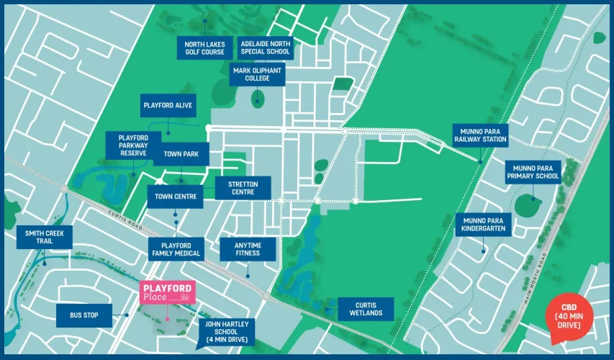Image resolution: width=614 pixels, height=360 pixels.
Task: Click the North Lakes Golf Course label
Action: [x=204, y=48]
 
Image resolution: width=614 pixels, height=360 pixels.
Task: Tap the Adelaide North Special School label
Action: [x=266, y=48]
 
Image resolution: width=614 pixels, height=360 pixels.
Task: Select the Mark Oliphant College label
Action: [x=257, y=74]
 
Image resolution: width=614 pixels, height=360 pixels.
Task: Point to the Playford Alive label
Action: [x=167, y=105]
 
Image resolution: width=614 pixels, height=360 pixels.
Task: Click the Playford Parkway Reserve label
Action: [x=133, y=145]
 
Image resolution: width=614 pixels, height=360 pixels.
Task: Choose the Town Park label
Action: [x=181, y=154]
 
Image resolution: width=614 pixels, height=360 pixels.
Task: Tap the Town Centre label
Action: [x=175, y=196]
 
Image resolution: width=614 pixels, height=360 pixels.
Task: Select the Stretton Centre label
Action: [x=243, y=188]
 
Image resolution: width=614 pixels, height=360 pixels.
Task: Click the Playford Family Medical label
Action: [x=176, y=248]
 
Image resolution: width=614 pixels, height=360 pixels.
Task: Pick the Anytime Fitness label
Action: [x=247, y=248]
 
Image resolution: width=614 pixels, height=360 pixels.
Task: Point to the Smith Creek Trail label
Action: [x=45, y=238]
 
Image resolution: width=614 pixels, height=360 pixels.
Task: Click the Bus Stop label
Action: [x=85, y=315]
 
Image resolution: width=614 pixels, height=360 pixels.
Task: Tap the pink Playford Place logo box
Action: [x=167, y=292]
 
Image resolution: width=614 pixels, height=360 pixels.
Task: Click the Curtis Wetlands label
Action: [x=366, y=309]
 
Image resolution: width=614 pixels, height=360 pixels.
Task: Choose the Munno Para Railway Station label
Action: [x=480, y=135]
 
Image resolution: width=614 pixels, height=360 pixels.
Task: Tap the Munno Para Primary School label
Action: [x=533, y=171]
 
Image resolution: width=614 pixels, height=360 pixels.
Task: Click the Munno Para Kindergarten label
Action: [x=484, y=224]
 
